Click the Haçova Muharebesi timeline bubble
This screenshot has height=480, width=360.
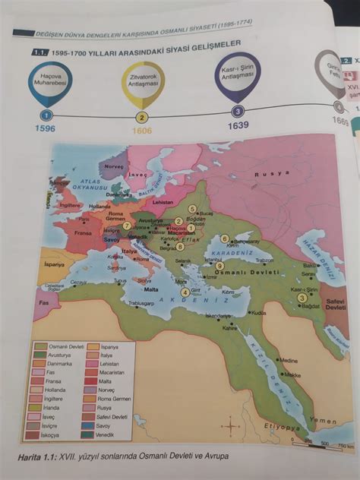point(49,80)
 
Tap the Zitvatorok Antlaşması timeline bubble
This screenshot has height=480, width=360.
point(142,86)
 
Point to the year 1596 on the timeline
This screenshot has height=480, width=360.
point(45,128)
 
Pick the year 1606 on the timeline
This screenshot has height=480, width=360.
point(141,130)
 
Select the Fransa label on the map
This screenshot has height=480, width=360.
point(84,233)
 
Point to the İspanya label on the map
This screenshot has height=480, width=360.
point(55,264)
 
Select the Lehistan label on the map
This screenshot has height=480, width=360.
point(163,203)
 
